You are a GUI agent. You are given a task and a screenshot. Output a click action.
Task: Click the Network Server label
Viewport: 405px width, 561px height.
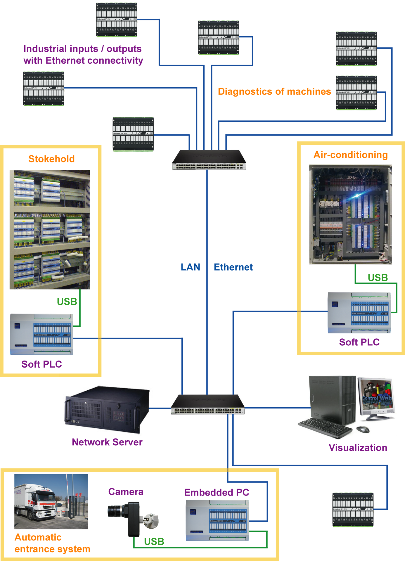tap(107, 442)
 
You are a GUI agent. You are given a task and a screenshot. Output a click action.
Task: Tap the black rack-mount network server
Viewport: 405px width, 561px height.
tap(107, 409)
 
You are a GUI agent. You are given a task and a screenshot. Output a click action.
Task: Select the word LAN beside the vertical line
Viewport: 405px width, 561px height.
tap(190, 267)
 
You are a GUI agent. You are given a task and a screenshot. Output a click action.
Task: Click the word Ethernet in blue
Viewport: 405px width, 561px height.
tap(233, 267)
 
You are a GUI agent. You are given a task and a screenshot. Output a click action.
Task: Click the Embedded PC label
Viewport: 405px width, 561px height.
tap(217, 492)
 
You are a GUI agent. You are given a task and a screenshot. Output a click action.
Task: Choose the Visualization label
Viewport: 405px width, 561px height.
tap(358, 448)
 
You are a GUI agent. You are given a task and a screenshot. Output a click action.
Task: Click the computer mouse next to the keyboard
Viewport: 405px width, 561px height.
tap(363, 429)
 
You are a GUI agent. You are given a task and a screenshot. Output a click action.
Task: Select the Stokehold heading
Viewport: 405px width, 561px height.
tap(51, 159)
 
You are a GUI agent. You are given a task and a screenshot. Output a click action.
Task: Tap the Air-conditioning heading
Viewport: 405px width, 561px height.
tap(350, 155)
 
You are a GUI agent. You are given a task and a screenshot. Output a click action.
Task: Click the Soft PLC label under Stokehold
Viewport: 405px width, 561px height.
tap(42, 364)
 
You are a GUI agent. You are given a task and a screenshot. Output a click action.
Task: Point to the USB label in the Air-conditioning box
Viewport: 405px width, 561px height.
tap(378, 278)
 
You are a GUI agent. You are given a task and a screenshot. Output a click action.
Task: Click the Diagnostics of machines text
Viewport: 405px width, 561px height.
tap(274, 91)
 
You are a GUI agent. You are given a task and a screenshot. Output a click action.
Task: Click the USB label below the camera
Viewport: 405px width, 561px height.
tap(154, 541)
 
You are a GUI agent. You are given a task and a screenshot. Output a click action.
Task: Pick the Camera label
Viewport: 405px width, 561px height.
tap(126, 492)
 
